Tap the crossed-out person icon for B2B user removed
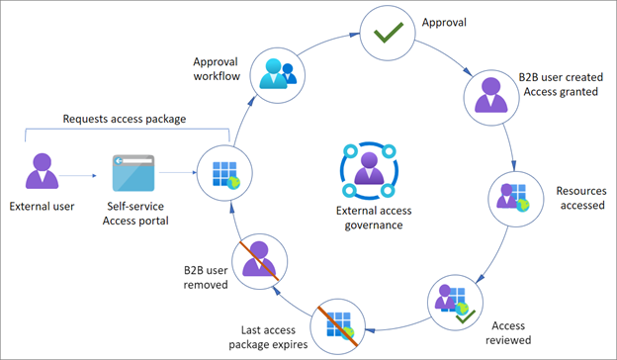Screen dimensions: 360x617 click(x=259, y=259)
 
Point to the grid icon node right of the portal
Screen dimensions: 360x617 click(x=220, y=170)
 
